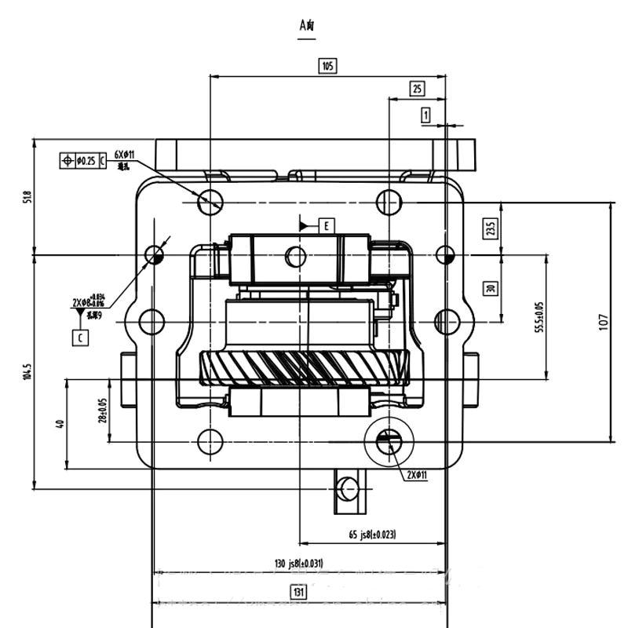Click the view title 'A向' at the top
click(x=307, y=25)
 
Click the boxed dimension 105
click(x=327, y=65)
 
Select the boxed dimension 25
click(x=418, y=89)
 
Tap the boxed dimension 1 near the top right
click(x=426, y=115)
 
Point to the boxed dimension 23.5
click(x=491, y=228)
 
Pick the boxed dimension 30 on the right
click(x=491, y=287)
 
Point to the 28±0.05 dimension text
click(x=102, y=410)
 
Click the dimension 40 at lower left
click(x=60, y=424)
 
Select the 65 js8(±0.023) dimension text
click(x=372, y=535)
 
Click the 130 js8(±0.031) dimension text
click(x=298, y=563)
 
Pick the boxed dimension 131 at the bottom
click(x=298, y=592)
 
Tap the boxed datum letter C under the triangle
click(x=80, y=338)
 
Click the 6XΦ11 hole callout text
click(x=125, y=155)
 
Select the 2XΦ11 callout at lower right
click(x=416, y=475)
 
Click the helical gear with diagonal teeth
click(x=306, y=367)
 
